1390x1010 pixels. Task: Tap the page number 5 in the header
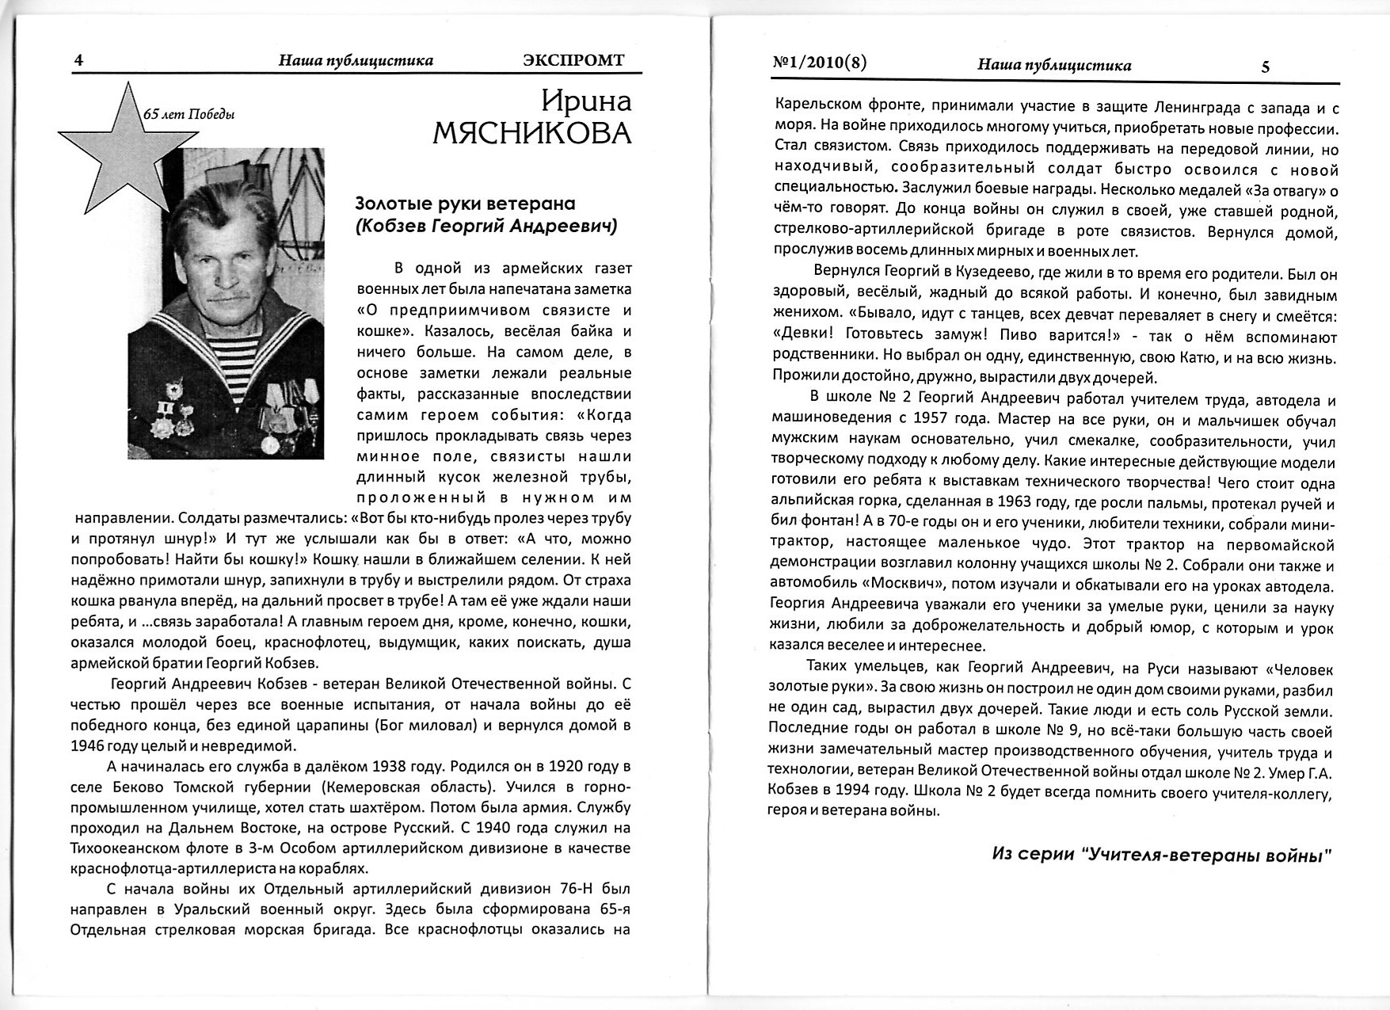point(1265,67)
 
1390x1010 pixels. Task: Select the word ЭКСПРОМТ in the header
point(573,60)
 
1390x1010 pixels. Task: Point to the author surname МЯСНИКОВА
point(532,133)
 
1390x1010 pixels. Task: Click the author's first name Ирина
point(586,101)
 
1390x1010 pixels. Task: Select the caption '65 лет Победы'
point(188,114)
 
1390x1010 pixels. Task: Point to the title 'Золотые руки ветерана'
point(465,204)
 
